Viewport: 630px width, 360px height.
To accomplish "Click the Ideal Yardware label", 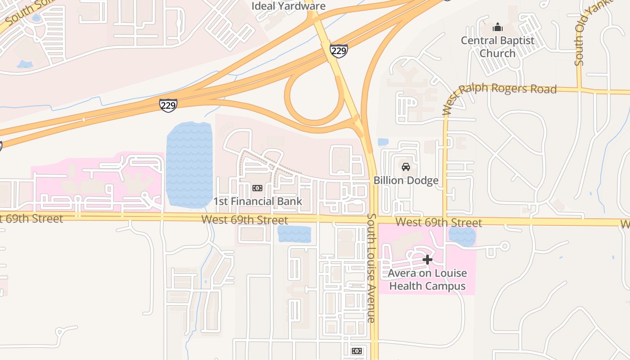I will (x=288, y=6).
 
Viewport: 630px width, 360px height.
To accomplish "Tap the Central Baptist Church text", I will (x=497, y=47).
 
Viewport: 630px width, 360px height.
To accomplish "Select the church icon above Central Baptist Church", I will (x=497, y=27).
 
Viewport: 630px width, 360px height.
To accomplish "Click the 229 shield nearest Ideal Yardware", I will (x=338, y=50).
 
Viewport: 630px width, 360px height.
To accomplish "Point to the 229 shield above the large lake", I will (x=168, y=105).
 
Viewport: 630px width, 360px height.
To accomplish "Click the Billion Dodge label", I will (x=406, y=180).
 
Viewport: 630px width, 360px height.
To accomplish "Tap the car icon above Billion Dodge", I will (x=406, y=167).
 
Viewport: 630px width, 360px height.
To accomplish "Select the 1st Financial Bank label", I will (x=258, y=201).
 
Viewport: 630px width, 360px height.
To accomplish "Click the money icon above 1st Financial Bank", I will (x=257, y=188).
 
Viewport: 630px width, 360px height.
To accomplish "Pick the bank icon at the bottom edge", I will (x=356, y=351).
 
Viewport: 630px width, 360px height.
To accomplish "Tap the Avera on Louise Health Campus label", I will (x=427, y=279).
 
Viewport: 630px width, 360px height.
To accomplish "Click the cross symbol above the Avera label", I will (x=427, y=260).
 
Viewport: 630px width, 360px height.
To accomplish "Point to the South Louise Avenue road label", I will (x=371, y=268).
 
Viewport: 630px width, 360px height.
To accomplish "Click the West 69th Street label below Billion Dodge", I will (x=439, y=222).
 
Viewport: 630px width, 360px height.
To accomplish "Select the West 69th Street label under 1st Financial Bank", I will (x=245, y=220).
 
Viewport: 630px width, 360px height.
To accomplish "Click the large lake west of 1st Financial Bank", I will (x=189, y=164).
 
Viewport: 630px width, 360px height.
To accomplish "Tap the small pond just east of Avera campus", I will (x=462, y=236).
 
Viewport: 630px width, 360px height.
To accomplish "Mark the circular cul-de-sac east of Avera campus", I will (x=505, y=246).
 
